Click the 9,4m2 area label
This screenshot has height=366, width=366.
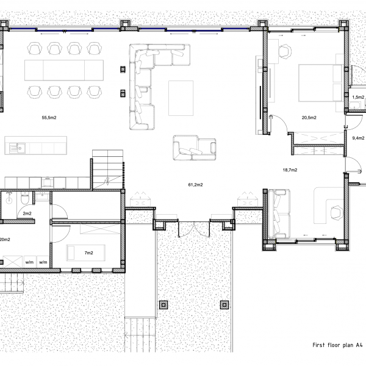point(358,138)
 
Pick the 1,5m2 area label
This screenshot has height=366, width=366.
point(358,97)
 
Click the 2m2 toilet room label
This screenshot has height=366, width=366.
point(27,213)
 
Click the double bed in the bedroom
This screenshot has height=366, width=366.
point(320,84)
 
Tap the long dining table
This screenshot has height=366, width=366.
point(64,70)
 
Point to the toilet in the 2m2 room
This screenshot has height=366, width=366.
point(23,198)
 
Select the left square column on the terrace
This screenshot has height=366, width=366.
point(163,304)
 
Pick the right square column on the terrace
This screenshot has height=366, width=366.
point(224,304)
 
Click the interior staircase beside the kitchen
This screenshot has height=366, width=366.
point(107,171)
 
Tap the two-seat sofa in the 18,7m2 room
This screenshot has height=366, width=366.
point(279,213)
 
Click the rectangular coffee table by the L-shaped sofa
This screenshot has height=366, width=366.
point(180,97)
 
